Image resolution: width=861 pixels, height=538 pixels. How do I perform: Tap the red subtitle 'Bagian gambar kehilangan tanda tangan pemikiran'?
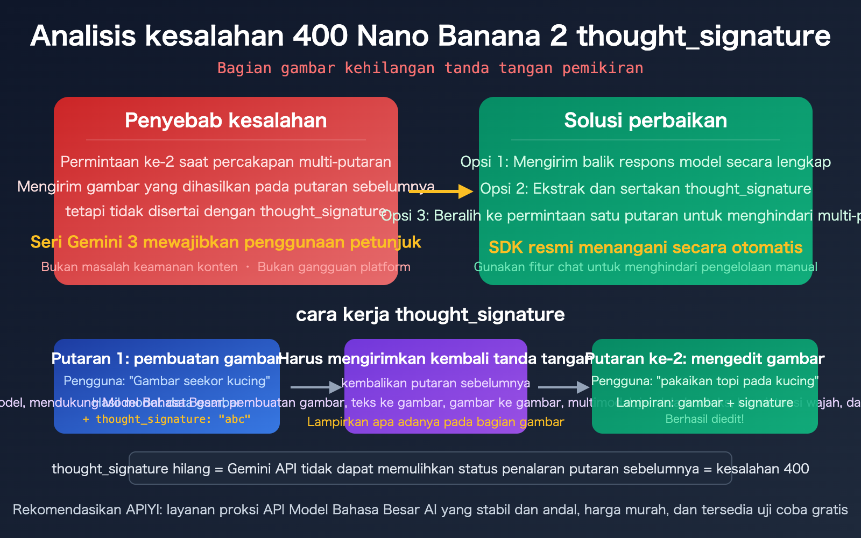pyautogui.click(x=430, y=68)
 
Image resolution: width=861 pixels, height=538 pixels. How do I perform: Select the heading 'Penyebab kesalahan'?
pyautogui.click(x=225, y=121)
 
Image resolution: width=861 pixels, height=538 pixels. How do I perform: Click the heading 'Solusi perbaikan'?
pyautogui.click(x=645, y=121)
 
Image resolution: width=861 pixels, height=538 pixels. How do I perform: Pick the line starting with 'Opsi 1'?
pyautogui.click(x=645, y=162)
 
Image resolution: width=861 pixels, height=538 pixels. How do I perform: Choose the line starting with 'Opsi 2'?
pyautogui.click(x=645, y=189)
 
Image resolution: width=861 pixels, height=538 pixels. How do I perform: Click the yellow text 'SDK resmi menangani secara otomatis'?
pyautogui.click(x=645, y=247)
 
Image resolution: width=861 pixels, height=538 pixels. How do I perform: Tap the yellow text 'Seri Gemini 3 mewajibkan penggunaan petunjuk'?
pyautogui.click(x=225, y=242)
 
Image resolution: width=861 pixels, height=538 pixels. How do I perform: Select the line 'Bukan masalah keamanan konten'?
pyautogui.click(x=139, y=267)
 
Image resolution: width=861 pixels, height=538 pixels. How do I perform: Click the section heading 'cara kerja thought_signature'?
pyautogui.click(x=430, y=315)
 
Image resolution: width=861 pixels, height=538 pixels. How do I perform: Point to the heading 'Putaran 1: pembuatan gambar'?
pyautogui.click(x=166, y=359)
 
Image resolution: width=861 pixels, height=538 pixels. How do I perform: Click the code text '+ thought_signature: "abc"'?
pyautogui.click(x=166, y=419)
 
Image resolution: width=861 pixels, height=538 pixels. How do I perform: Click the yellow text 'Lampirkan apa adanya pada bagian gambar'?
pyautogui.click(x=435, y=422)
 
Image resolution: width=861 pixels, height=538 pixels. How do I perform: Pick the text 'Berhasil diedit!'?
pyautogui.click(x=704, y=419)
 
